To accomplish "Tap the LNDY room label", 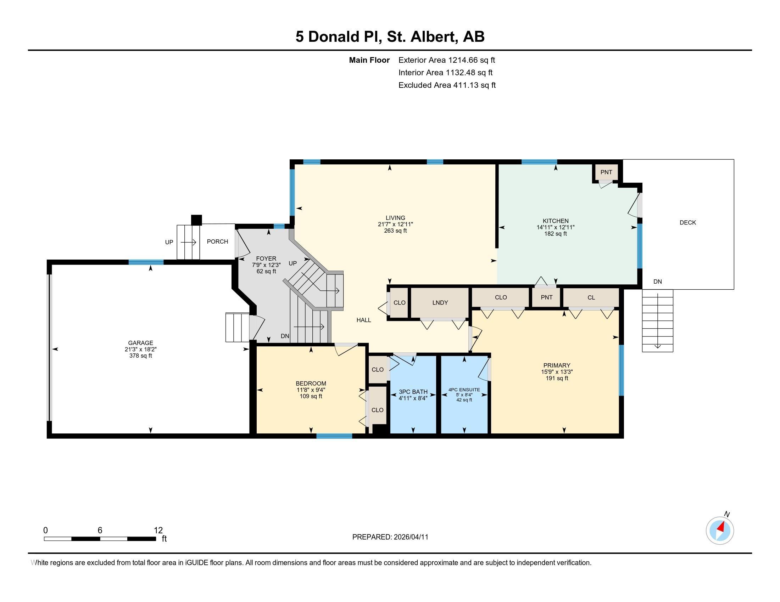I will [x=440, y=302].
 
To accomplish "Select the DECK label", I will [x=687, y=222].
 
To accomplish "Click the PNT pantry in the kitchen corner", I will [x=606, y=172].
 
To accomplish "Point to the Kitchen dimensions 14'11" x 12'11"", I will [x=555, y=227].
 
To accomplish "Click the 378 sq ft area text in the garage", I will [x=141, y=356].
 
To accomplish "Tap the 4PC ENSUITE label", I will [x=464, y=390].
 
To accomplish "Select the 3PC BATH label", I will [x=413, y=392].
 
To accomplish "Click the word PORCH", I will [x=217, y=242].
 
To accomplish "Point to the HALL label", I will [x=363, y=320].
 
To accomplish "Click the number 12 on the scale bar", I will [x=158, y=530].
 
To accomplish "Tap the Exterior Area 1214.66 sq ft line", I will [x=446, y=60].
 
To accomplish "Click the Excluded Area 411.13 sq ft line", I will [x=447, y=85].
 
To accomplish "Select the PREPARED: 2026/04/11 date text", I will [x=390, y=537].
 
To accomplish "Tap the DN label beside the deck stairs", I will [x=657, y=282].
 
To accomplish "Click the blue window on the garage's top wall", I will [x=146, y=262].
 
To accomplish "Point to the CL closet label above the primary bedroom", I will [x=591, y=297].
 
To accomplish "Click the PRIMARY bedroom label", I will [x=556, y=365].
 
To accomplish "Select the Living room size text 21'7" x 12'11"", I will [x=395, y=224].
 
